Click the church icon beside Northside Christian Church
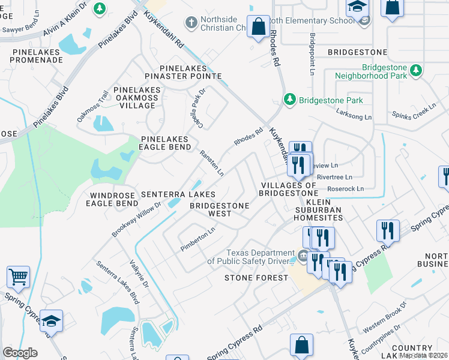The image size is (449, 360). (x=191, y=23)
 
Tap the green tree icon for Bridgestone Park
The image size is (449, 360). (x=290, y=99)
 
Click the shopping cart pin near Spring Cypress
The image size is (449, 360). (x=18, y=277)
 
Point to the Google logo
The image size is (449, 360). (x=20, y=353)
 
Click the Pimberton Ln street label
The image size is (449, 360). (x=197, y=239)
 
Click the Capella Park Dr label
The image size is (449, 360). (x=197, y=103)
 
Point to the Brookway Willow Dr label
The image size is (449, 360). (x=136, y=219)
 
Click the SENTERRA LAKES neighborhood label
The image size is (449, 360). (x=178, y=195)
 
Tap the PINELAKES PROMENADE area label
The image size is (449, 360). (x=37, y=56)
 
